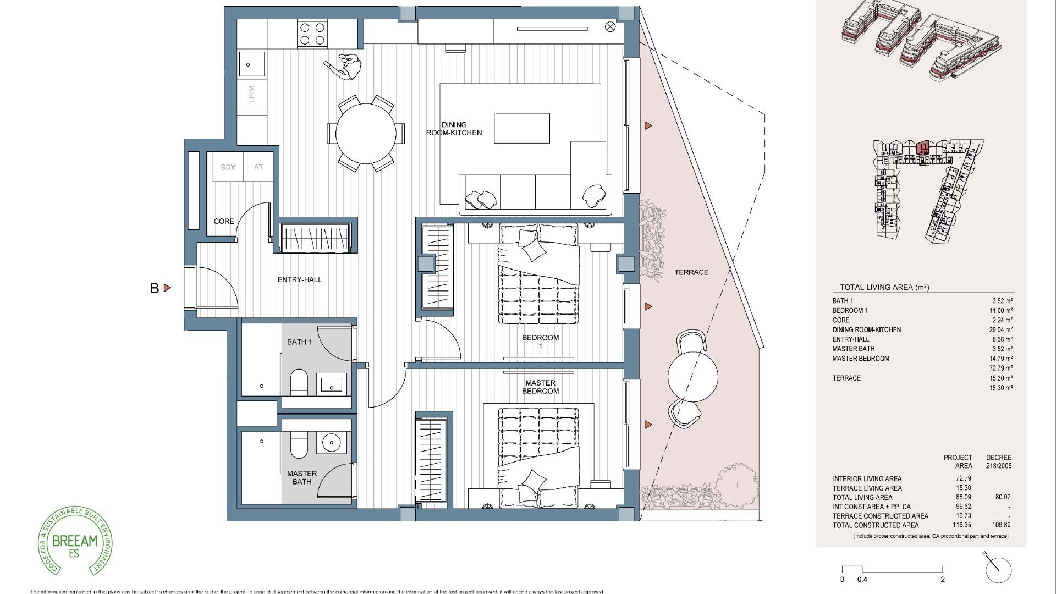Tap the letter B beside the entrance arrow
(x=155, y=288)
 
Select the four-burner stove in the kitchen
(x=312, y=33)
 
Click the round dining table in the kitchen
(x=366, y=133)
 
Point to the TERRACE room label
(x=691, y=272)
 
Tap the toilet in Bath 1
(x=299, y=382)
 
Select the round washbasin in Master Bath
(x=332, y=442)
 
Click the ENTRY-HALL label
(x=299, y=279)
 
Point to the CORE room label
(x=224, y=221)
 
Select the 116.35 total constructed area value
(x=962, y=525)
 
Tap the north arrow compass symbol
(x=998, y=570)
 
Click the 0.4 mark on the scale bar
(x=862, y=579)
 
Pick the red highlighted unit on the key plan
(x=922, y=148)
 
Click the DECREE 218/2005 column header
(x=998, y=461)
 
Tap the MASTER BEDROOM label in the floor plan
(x=540, y=387)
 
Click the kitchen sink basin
(x=251, y=65)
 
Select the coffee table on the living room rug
(x=521, y=128)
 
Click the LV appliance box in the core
(x=257, y=167)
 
